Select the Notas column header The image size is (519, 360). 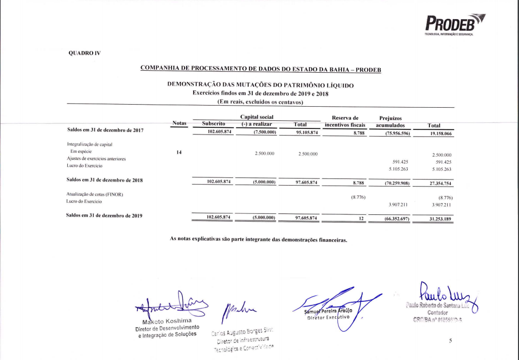(180, 123)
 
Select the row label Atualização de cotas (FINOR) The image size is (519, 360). (95, 195)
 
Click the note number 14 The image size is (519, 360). (179, 153)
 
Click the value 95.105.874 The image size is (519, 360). (307, 132)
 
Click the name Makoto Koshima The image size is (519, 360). (166, 321)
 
